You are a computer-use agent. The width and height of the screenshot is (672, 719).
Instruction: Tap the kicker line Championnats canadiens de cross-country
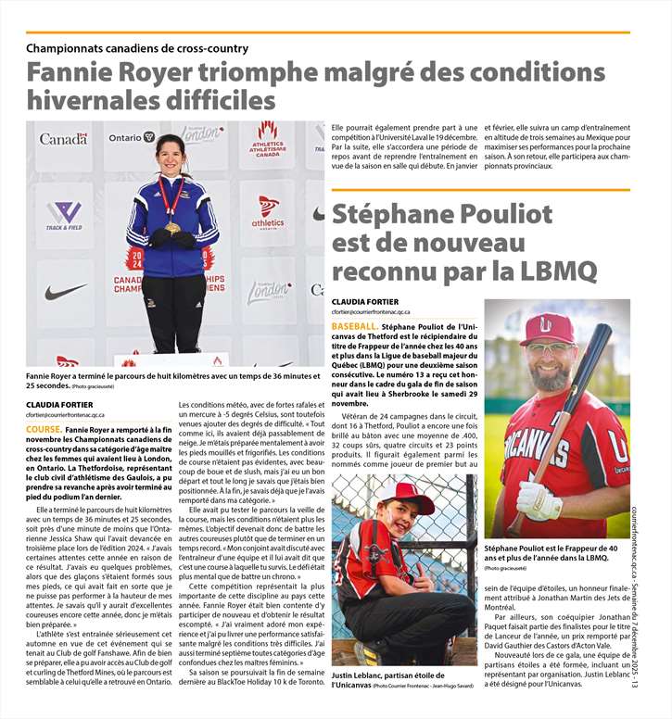(137, 48)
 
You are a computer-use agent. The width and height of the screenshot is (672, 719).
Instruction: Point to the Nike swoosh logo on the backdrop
(65, 292)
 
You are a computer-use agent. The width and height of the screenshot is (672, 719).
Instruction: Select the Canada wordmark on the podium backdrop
(63, 139)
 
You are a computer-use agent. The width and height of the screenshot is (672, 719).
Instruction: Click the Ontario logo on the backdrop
(132, 137)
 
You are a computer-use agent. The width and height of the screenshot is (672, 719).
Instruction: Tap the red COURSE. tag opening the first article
(44, 430)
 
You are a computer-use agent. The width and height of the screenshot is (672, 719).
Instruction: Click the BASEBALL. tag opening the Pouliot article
(353, 327)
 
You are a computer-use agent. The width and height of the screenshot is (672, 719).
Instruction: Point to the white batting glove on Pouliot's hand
(539, 500)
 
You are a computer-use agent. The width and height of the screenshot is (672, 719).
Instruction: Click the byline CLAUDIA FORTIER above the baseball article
(364, 301)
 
